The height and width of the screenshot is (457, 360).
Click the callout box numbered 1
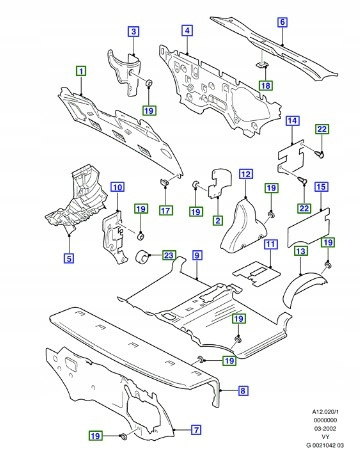(81, 71)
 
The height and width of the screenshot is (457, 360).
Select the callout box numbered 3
(133, 32)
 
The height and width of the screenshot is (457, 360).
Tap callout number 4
(187, 31)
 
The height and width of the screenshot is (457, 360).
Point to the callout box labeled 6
(282, 22)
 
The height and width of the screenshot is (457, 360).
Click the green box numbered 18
(266, 85)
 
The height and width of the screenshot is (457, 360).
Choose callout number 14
(292, 121)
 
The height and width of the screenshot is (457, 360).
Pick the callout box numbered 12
(246, 174)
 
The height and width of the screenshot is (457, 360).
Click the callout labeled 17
(166, 210)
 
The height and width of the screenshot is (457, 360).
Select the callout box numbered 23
(169, 255)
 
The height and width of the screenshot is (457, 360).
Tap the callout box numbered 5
(69, 258)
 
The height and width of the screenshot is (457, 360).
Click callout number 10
(117, 187)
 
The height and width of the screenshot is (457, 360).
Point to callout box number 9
(197, 255)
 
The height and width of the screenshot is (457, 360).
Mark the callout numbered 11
(271, 244)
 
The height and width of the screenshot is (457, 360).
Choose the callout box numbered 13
(301, 251)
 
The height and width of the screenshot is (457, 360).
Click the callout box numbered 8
(243, 390)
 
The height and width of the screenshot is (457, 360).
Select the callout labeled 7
(196, 430)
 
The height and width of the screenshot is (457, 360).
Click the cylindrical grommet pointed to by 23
(142, 256)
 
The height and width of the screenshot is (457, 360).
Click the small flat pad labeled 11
(257, 273)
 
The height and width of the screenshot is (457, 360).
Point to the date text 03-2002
(325, 428)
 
